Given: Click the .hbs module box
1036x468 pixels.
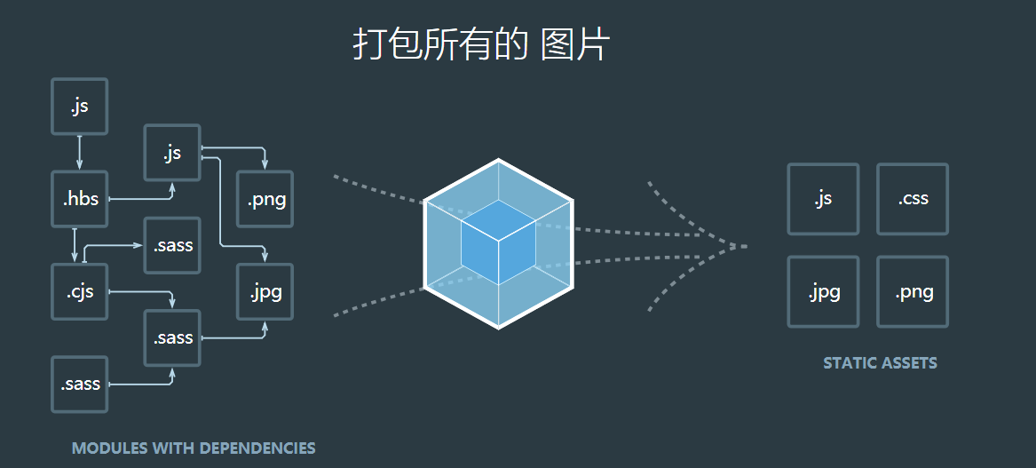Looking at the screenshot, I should (x=80, y=199).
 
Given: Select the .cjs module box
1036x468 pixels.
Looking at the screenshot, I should (x=80, y=291).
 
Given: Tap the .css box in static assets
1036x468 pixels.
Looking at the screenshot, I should (x=913, y=199).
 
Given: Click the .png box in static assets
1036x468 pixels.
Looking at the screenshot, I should (x=913, y=291).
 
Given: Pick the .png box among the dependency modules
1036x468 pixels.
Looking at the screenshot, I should (x=265, y=199).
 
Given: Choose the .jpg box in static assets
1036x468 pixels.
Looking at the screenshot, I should (x=823, y=291).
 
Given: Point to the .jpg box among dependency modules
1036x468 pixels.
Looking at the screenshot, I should (x=265, y=291).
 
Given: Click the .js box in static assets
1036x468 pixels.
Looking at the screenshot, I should (x=823, y=199).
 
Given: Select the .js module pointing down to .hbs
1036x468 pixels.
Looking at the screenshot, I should (x=80, y=107).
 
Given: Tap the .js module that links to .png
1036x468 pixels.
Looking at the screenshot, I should (x=172, y=153).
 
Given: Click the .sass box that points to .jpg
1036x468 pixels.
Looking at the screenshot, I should (x=172, y=337).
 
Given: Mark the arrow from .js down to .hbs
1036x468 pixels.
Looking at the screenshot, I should (x=80, y=153).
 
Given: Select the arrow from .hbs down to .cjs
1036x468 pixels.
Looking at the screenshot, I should (x=75, y=245).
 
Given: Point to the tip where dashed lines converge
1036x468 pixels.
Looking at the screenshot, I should (x=744, y=246).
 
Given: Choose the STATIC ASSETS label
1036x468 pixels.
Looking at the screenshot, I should (x=880, y=363).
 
